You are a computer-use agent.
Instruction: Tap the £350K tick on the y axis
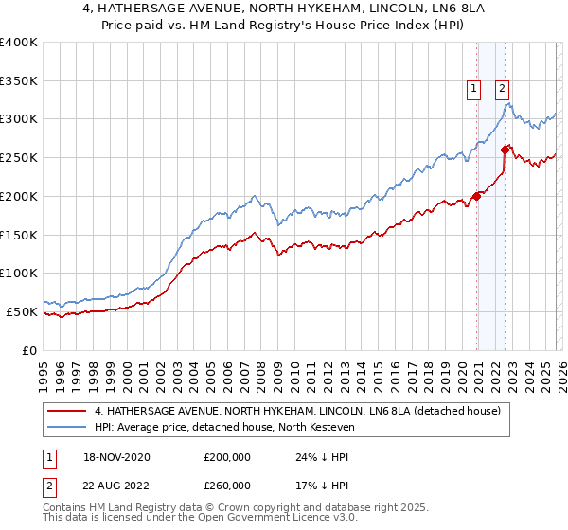click(x=19, y=81)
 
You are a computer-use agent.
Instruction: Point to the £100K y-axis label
click(x=19, y=274)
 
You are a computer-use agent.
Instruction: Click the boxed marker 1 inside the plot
click(x=472, y=89)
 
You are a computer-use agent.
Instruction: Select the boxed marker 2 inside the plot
click(x=502, y=89)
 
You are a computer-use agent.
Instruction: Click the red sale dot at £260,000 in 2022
click(x=506, y=150)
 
